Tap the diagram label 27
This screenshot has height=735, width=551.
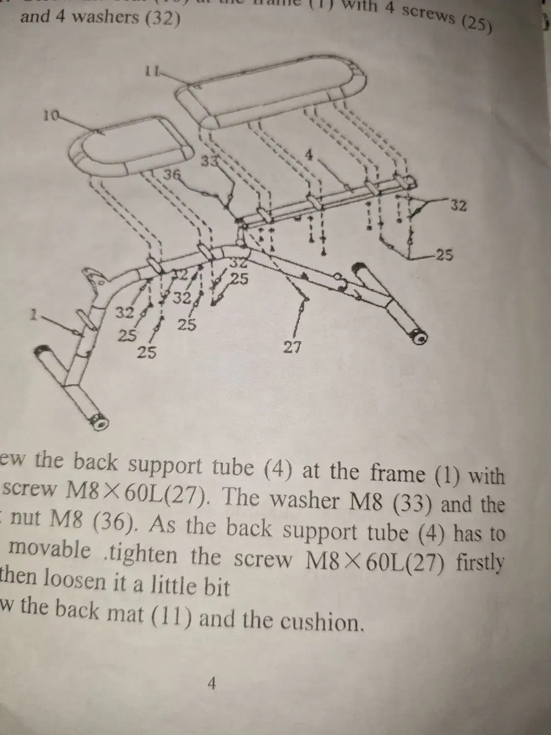coord(292,347)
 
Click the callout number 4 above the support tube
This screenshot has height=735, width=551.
coord(309,154)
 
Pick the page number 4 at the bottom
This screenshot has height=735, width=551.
coord(212,683)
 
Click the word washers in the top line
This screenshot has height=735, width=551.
coord(91,18)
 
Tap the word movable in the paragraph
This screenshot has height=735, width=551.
coord(50,551)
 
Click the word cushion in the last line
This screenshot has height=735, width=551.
coord(321,622)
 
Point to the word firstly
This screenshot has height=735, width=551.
coord(480,562)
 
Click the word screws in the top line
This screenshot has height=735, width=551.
coord(431,14)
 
